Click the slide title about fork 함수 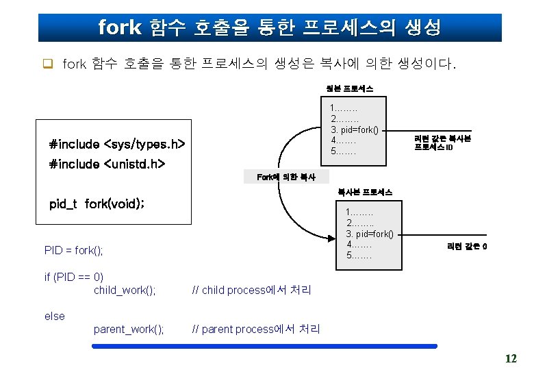tap(269, 27)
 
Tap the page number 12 tap(511, 358)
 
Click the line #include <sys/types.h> tap(117, 145)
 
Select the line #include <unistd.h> tap(107, 164)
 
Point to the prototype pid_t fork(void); tap(97, 203)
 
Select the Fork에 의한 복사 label tap(285, 177)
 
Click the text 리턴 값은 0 tap(467, 246)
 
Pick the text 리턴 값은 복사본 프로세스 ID tap(442, 143)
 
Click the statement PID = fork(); tap(73, 250)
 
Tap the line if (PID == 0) tap(73, 277)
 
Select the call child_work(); tap(125, 290)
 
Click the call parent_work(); tap(129, 329)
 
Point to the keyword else tap(54, 316)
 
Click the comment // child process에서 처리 tap(251, 290)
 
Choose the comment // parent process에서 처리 tap(256, 329)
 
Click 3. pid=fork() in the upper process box tap(355, 129)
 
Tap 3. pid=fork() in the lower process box tap(370, 234)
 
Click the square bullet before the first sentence tap(48, 65)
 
